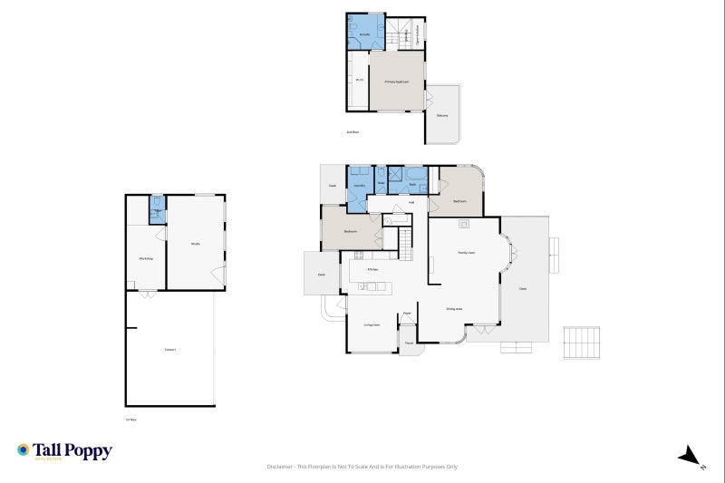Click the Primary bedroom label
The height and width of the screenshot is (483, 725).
[x=397, y=82]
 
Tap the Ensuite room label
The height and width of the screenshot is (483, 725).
[x=363, y=34]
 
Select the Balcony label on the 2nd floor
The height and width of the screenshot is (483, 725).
[x=442, y=116]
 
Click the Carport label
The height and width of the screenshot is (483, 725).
[x=169, y=349]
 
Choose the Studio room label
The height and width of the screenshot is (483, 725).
[x=195, y=244]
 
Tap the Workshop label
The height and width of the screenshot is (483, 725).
[x=145, y=259]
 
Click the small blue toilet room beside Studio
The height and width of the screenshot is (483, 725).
[x=157, y=210]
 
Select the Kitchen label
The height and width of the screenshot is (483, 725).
[x=372, y=269]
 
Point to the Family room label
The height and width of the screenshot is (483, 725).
[x=467, y=253]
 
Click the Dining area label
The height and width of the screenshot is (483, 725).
[x=454, y=309]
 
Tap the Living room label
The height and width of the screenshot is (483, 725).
[x=372, y=324]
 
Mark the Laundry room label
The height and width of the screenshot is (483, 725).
[x=359, y=185]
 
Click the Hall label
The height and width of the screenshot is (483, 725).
[x=411, y=202]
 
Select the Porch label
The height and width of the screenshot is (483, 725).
[x=409, y=343]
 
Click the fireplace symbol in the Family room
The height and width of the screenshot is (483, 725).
[x=463, y=223]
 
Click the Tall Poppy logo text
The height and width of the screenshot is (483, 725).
[x=72, y=450]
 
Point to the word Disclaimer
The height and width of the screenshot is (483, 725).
[x=279, y=467]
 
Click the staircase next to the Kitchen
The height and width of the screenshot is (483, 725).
[x=406, y=240]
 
